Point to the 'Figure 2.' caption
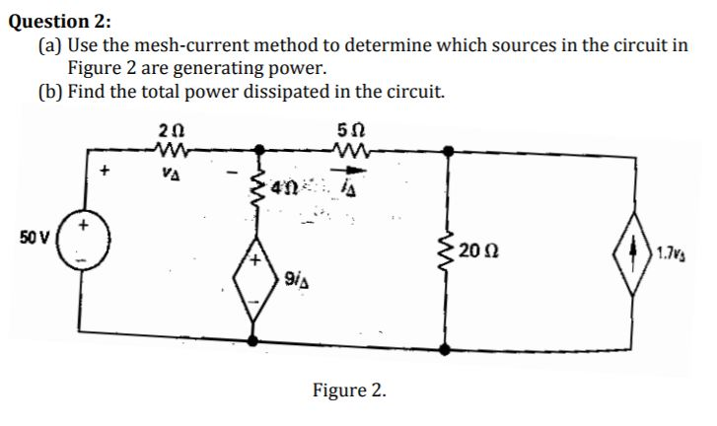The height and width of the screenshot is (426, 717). pos(349,390)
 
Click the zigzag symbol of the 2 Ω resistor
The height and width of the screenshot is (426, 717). pos(165,151)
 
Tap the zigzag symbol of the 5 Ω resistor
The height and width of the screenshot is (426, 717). pos(351,151)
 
